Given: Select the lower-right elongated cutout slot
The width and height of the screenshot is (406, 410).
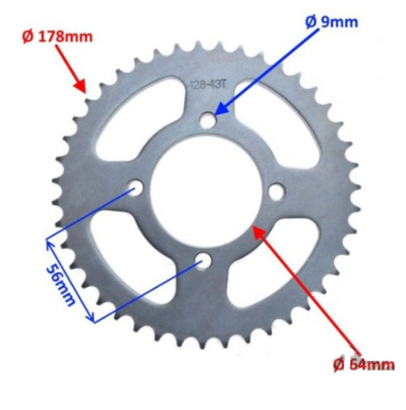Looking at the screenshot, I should [x=270, y=269].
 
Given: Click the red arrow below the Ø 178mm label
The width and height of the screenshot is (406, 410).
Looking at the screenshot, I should [x=73, y=73].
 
